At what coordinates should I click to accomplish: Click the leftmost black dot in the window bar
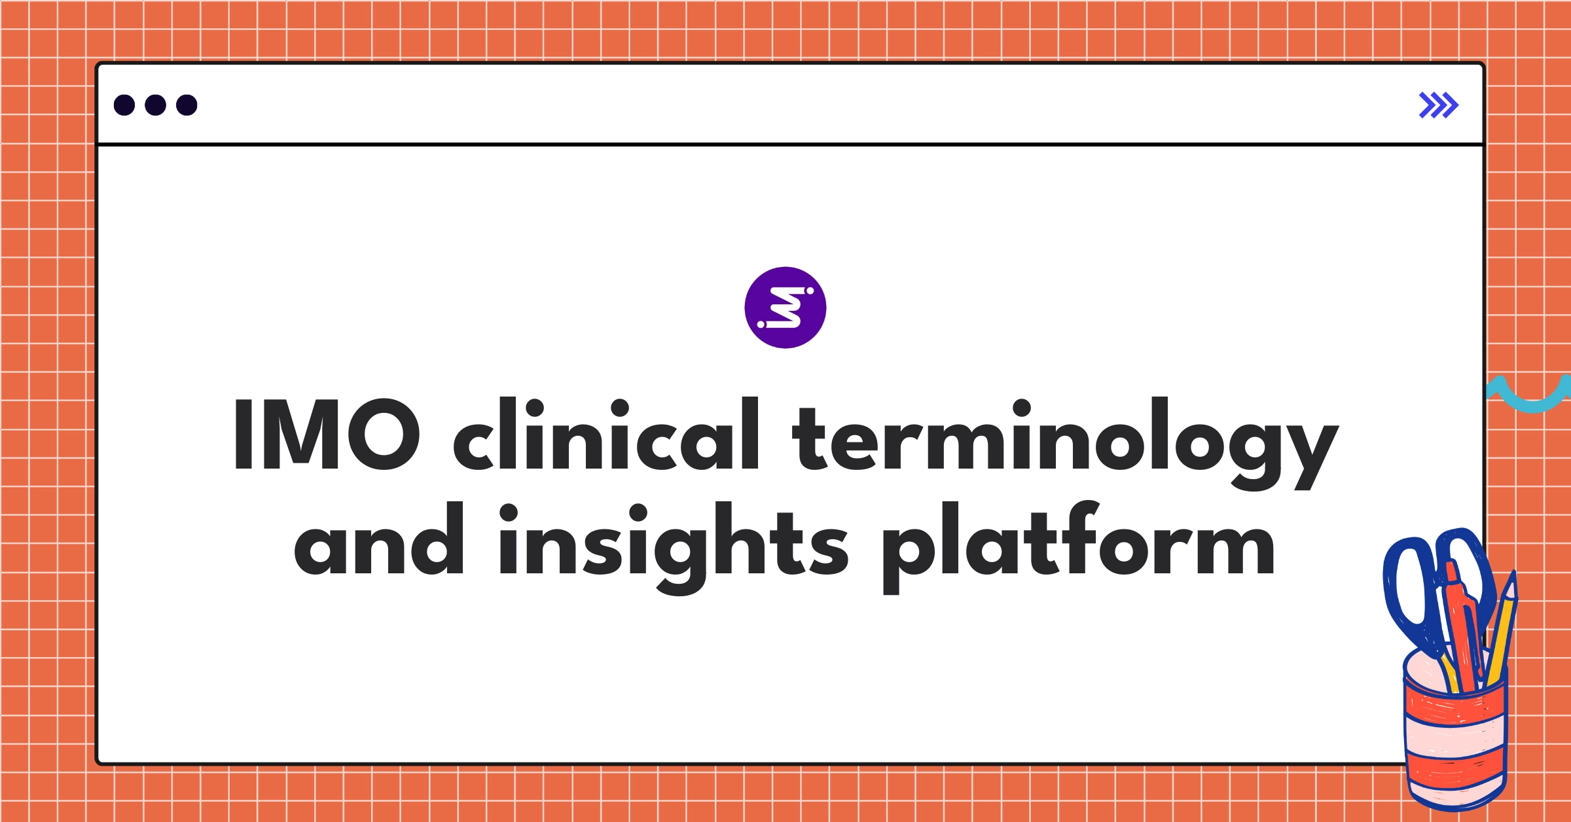pyautogui.click(x=124, y=105)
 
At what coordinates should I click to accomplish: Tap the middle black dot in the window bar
pyautogui.click(x=155, y=105)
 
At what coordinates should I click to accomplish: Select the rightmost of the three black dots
pyautogui.click(x=187, y=105)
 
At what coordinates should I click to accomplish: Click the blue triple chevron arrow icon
pyautogui.click(x=1438, y=105)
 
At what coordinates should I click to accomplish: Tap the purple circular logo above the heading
pyautogui.click(x=785, y=308)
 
